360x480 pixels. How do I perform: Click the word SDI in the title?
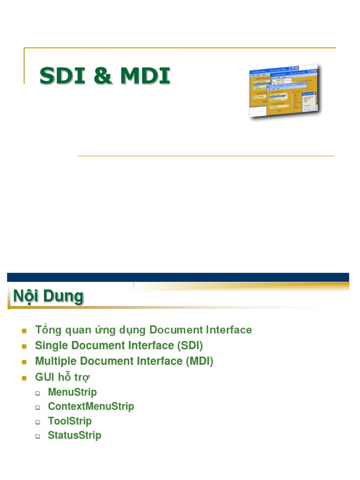pyautogui.click(x=61, y=76)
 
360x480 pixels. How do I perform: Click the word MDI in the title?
pyautogui.click(x=145, y=76)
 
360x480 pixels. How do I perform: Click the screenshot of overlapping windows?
pyautogui.click(x=284, y=92)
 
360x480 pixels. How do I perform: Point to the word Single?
pyautogui.click(x=50, y=346)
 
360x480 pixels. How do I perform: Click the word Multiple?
pyautogui.click(x=54, y=361)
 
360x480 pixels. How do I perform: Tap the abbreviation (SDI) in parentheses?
pyautogui.click(x=190, y=346)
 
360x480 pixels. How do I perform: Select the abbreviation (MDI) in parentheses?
pyautogui.click(x=199, y=361)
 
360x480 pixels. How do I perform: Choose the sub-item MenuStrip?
pyautogui.click(x=72, y=392)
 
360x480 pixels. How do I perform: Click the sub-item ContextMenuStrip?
pyautogui.click(x=91, y=406)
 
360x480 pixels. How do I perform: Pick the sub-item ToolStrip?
pyautogui.click(x=70, y=421)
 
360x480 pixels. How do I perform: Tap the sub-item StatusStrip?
pyautogui.click(x=75, y=435)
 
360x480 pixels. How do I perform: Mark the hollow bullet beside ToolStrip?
pyautogui.click(x=38, y=422)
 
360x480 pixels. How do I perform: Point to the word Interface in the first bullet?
pyautogui.click(x=228, y=330)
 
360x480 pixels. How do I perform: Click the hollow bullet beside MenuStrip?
pyautogui.click(x=38, y=393)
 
